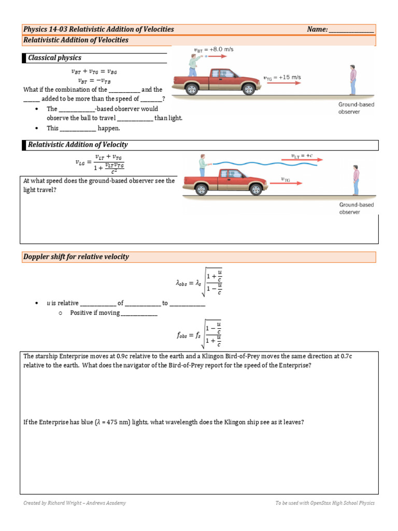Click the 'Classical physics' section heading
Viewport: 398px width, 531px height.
[x=55, y=58]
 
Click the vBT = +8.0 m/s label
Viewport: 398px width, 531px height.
[x=214, y=50]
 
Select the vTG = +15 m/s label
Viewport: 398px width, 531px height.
[x=282, y=78]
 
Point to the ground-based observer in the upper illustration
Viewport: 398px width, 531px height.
[x=353, y=80]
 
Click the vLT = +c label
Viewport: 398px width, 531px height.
[x=302, y=155]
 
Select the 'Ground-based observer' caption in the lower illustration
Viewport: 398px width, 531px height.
[x=356, y=208]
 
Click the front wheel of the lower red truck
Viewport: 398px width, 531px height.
[x=255, y=189]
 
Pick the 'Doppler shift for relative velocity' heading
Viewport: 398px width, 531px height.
[x=76, y=257]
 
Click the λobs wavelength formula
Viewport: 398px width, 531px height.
[x=200, y=283]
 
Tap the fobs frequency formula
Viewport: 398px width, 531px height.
[x=200, y=334]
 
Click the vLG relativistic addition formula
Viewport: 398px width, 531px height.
[x=101, y=163]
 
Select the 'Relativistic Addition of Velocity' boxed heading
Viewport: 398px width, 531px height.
[x=78, y=145]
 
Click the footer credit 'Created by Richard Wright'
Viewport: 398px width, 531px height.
[x=74, y=503]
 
